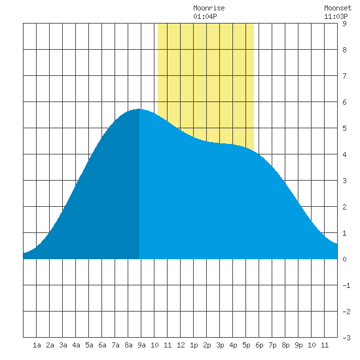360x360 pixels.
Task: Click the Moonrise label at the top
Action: pyautogui.click(x=209, y=8)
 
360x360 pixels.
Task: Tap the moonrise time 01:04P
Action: pyautogui.click(x=205, y=16)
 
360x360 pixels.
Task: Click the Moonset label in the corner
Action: pyautogui.click(x=338, y=8)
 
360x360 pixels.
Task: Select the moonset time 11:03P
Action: pyautogui.click(x=336, y=16)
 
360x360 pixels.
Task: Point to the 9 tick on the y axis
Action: pyautogui.click(x=344, y=24)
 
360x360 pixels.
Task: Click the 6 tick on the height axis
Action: pyautogui.click(x=344, y=102)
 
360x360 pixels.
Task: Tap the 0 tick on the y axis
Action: pyautogui.click(x=344, y=259)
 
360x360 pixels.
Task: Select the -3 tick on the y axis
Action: pyautogui.click(x=346, y=338)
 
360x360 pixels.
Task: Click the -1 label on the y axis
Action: pyautogui.click(x=346, y=285)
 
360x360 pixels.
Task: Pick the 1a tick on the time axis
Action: pyautogui.click(x=37, y=345)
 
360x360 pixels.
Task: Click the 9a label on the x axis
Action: pyautogui.click(x=141, y=345)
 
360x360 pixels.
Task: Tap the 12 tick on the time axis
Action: pyautogui.click(x=181, y=345)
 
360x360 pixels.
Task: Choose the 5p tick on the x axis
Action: pyautogui.click(x=246, y=345)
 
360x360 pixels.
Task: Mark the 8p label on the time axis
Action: pyautogui.click(x=285, y=345)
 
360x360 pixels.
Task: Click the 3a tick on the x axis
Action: pyautogui.click(x=63, y=345)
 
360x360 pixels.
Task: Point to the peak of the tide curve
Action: pyautogui.click(x=139, y=109)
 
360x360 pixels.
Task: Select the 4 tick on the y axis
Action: pyautogui.click(x=344, y=154)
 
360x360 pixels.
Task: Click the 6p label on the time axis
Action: pyautogui.click(x=259, y=345)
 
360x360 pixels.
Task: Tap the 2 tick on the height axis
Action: pyautogui.click(x=344, y=207)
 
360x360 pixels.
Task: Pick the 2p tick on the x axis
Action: pyautogui.click(x=207, y=345)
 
